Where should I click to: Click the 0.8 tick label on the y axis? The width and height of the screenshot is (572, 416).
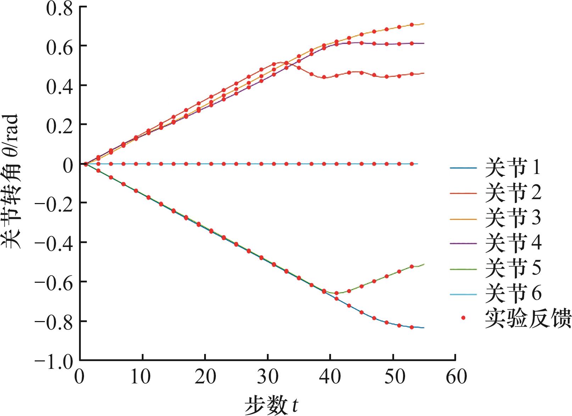[x=59, y=7]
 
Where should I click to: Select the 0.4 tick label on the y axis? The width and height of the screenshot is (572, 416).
[x=59, y=85]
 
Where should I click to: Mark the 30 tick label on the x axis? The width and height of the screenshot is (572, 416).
[x=268, y=377]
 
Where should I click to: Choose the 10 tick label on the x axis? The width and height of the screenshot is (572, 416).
[x=142, y=377]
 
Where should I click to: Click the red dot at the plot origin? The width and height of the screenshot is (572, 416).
[x=86, y=164]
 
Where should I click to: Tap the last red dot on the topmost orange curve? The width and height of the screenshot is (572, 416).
[x=411, y=25]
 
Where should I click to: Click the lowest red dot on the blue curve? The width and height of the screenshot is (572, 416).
[x=411, y=327]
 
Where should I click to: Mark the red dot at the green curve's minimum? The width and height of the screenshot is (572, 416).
[x=336, y=293]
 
